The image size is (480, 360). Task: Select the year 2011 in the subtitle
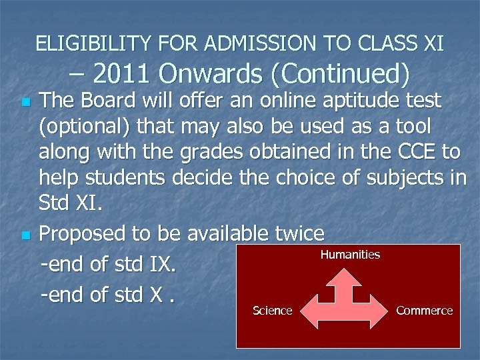[x=121, y=74]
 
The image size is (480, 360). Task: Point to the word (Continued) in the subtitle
[x=344, y=74]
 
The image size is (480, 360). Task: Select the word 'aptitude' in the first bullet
[x=359, y=101]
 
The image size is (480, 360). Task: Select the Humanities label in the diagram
[x=350, y=255]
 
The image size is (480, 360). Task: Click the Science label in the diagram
[x=273, y=311]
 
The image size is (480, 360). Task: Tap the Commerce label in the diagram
[x=424, y=311]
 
